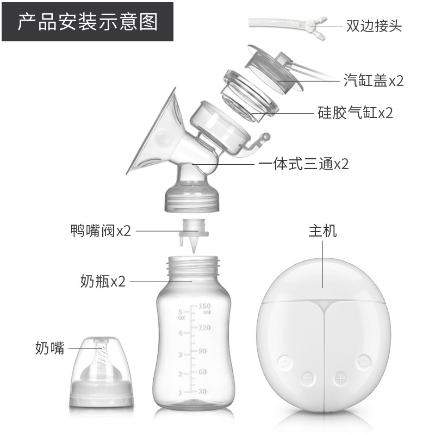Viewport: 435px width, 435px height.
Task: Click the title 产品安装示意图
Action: pyautogui.click(x=88, y=22)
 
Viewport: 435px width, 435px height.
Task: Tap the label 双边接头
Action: pyautogui.click(x=374, y=26)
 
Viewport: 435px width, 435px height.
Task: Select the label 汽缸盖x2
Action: pyautogui.click(x=374, y=80)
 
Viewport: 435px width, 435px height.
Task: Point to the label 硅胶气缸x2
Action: pyautogui.click(x=355, y=113)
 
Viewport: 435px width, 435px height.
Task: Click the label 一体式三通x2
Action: pyautogui.click(x=303, y=164)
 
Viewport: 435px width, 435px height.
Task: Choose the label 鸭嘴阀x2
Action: pyautogui.click(x=101, y=231)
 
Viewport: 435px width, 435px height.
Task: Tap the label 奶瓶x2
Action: pyautogui.click(x=103, y=281)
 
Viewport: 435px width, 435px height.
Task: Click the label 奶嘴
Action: pyautogui.click(x=50, y=348)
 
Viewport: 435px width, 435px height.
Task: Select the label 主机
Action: pyautogui.click(x=322, y=231)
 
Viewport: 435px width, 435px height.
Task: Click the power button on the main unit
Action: pyautogui.click(x=363, y=362)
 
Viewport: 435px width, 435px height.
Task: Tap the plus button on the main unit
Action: pyautogui.click(x=341, y=378)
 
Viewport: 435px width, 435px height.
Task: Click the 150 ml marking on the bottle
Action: pyautogui.click(x=205, y=308)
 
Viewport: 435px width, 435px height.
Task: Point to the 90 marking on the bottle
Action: pyautogui.click(x=202, y=351)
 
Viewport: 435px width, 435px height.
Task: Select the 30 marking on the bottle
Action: pyautogui.click(x=203, y=391)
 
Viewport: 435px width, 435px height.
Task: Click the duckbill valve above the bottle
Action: pyautogui.click(x=194, y=235)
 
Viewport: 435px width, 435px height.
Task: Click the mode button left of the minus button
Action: pyautogui.click(x=285, y=362)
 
